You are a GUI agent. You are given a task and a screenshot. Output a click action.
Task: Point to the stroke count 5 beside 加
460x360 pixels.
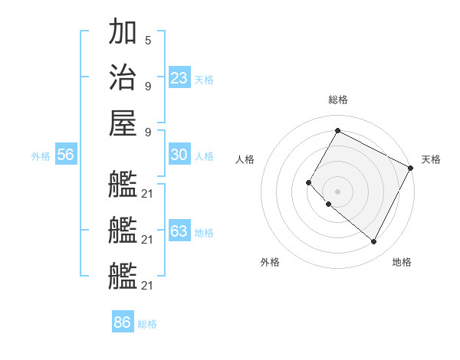tap(147, 39)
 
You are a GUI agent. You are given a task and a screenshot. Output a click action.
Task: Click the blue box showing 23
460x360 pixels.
tap(179, 77)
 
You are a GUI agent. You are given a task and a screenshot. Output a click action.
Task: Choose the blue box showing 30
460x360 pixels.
tap(179, 155)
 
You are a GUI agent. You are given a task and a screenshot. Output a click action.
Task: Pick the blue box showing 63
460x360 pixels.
tap(179, 231)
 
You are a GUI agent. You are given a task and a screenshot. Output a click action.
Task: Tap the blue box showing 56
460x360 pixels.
tap(65, 155)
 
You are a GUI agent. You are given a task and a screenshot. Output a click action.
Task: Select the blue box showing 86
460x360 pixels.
tap(122, 322)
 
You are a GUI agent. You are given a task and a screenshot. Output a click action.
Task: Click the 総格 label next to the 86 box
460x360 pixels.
tap(147, 324)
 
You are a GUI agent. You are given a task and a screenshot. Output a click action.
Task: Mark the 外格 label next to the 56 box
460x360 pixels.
tap(41, 156)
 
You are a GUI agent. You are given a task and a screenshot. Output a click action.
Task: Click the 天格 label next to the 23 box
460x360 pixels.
tap(204, 80)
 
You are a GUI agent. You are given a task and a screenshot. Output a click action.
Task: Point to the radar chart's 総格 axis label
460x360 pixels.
tap(337, 100)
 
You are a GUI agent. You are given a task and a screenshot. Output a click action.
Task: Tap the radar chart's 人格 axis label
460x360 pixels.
tap(245, 159)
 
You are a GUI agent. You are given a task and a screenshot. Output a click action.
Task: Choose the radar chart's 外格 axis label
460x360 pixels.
tap(270, 262)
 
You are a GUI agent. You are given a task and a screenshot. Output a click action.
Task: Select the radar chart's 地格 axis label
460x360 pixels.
tap(402, 262)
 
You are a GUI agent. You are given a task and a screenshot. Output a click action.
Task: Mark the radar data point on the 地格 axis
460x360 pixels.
tap(374, 242)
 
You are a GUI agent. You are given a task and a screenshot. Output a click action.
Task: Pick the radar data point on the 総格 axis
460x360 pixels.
tap(337, 130)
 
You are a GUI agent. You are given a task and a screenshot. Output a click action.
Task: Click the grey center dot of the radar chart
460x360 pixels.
tap(337, 191)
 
